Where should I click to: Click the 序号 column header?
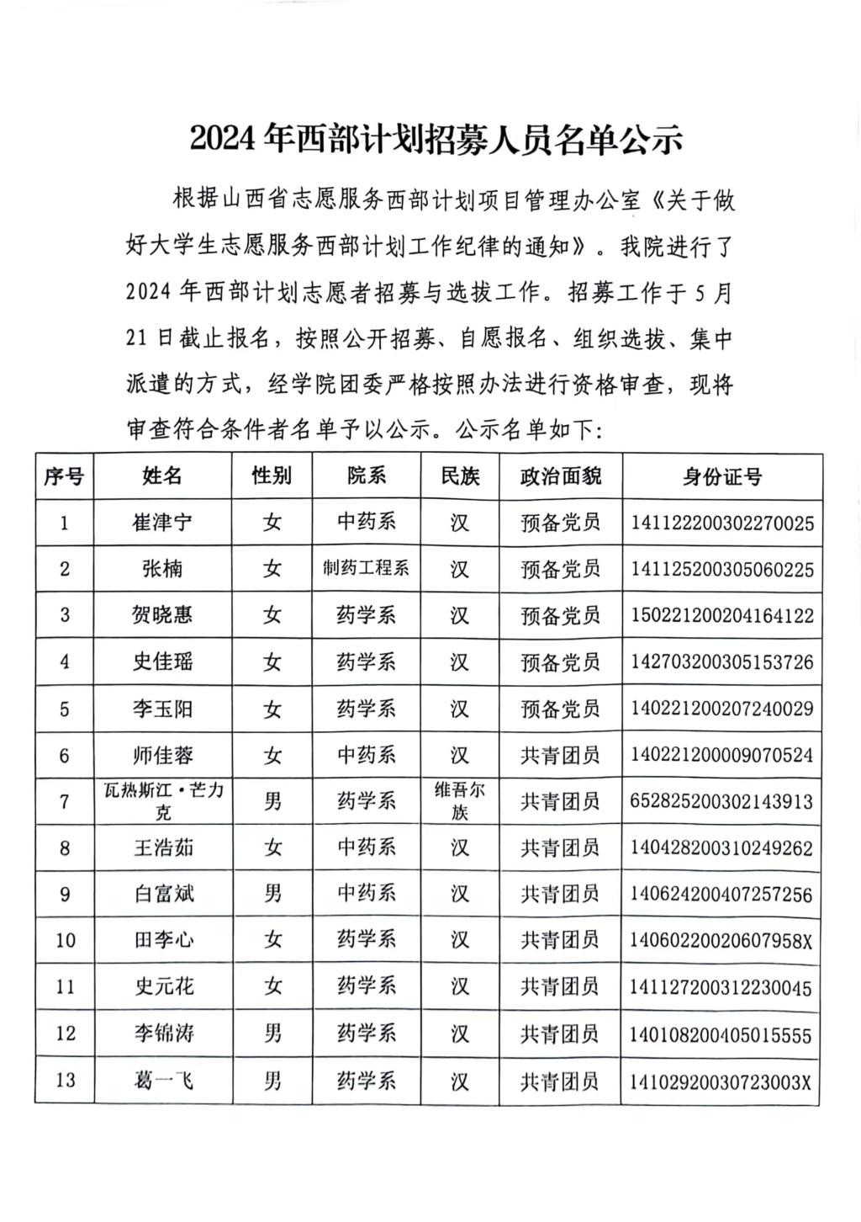[64, 476]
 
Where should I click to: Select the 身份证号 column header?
[722, 477]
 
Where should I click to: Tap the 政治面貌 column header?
[560, 476]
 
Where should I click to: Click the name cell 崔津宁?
[162, 523]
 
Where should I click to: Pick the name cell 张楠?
[162, 569]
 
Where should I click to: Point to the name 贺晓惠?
[162, 615]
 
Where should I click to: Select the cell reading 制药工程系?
[366, 569]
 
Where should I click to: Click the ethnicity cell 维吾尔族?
[459, 800]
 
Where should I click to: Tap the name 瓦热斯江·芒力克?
[162, 800]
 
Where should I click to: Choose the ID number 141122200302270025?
[722, 523]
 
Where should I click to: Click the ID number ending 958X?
[722, 940]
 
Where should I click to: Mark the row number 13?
[65, 1080]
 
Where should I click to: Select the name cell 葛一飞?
[162, 1079]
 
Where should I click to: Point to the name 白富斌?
[162, 893]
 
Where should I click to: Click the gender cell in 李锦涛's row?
[272, 1033]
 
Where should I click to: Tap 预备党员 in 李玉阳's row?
[560, 709]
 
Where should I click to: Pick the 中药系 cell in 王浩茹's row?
[366, 847]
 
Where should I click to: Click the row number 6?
[65, 755]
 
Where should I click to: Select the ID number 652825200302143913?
[722, 801]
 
